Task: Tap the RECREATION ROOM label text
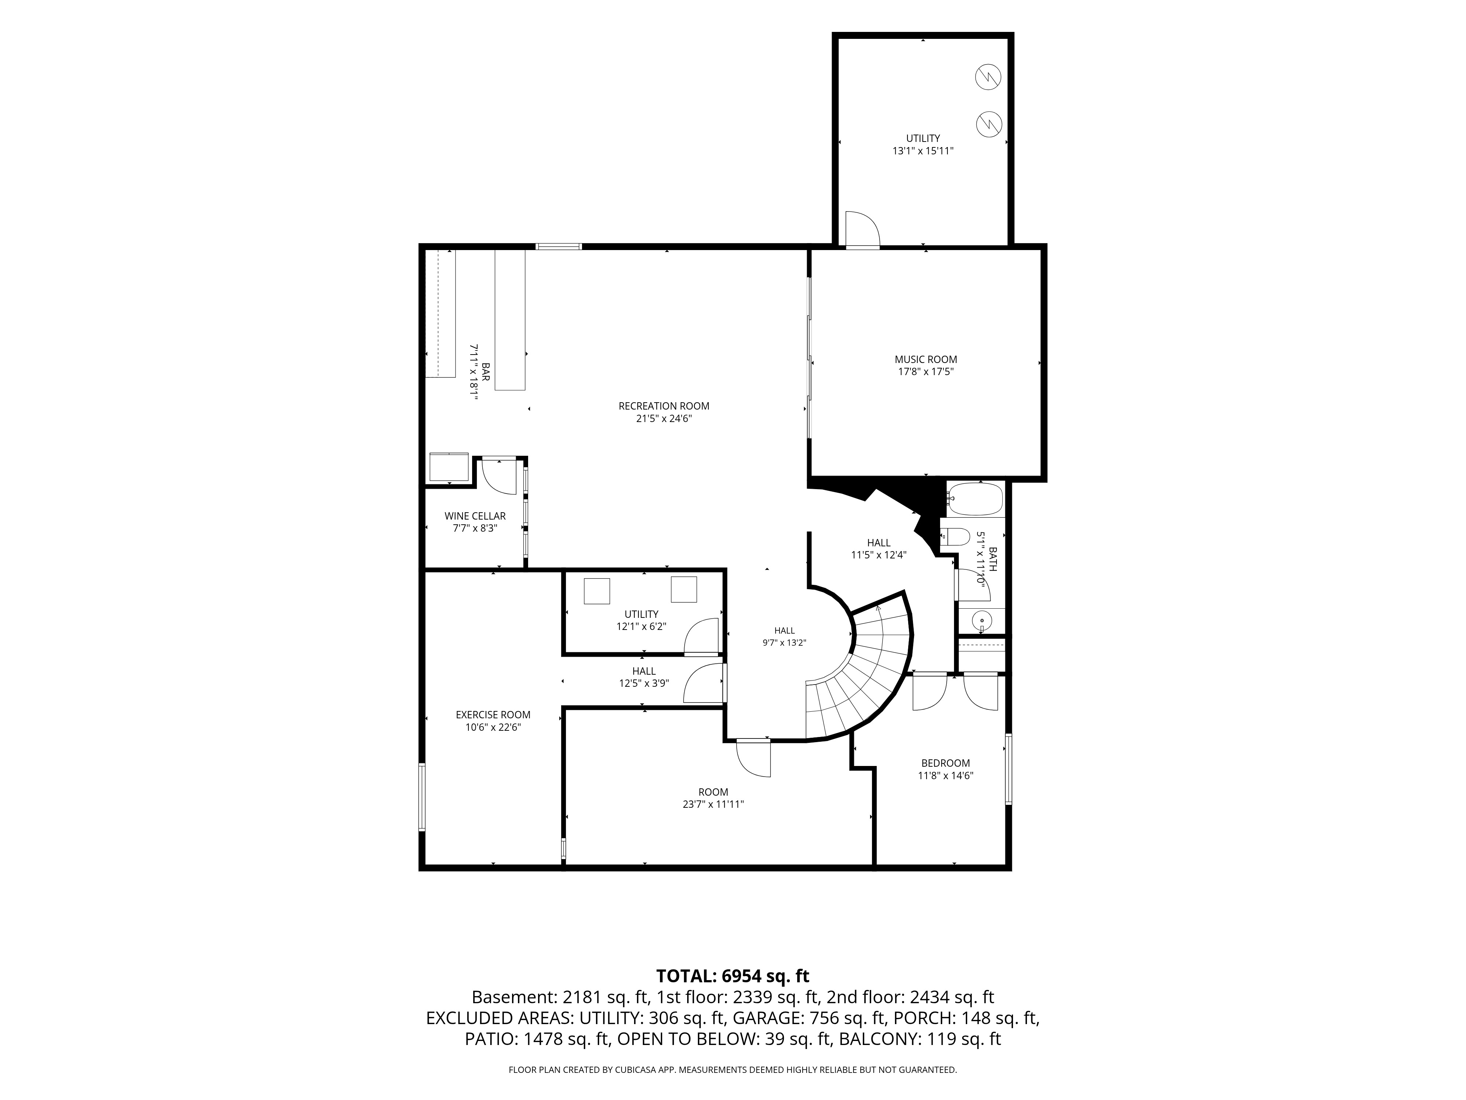(664, 406)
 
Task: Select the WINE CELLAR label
(475, 516)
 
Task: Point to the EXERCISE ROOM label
(493, 715)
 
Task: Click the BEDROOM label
(945, 763)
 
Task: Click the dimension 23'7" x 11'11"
(713, 804)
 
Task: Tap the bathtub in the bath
(976, 500)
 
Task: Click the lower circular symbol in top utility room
(988, 124)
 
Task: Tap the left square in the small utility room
(596, 591)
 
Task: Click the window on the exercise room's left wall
(421, 797)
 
